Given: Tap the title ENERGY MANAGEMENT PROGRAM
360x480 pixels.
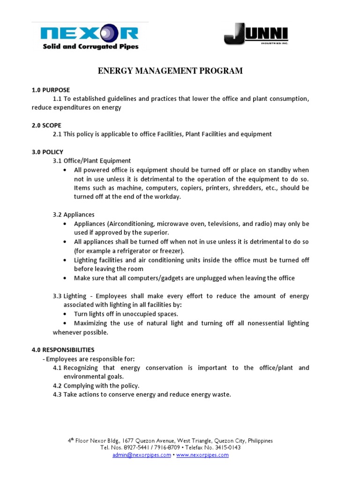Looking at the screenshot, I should tap(170, 71).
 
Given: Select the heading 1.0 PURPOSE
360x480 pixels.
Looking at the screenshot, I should tap(51, 90).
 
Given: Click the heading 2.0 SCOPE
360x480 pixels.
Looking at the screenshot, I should tap(46, 125).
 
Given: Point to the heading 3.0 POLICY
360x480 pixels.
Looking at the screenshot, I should tap(47, 152).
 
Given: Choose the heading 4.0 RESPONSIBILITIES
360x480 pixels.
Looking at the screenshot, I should tap(63, 350).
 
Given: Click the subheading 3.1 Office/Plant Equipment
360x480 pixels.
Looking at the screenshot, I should tap(92, 161).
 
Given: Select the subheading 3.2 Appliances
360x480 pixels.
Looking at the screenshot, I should tap(74, 215).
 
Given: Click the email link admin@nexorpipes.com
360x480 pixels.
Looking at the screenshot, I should tap(142, 455).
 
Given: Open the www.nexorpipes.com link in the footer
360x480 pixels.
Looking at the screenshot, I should tap(202, 455).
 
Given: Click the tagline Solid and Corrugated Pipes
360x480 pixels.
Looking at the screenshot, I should tap(90, 46).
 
